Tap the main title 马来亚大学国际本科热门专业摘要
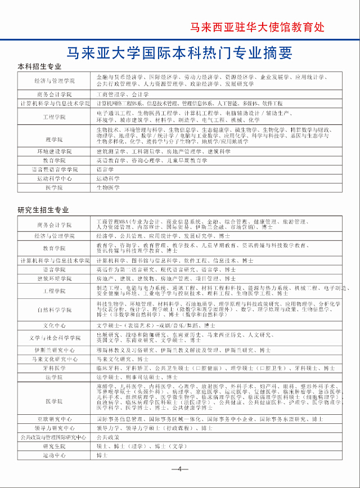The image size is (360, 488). [x=179, y=53]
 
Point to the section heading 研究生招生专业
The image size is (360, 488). [x=43, y=210]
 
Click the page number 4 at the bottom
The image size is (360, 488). [x=179, y=469]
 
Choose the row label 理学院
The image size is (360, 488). [x=55, y=138]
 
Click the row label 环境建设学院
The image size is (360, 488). [x=55, y=152]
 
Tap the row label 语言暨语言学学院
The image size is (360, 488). [x=55, y=169]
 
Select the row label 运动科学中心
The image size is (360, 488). [x=55, y=178]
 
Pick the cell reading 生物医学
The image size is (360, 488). [x=108, y=187]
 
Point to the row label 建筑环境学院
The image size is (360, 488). [x=55, y=279]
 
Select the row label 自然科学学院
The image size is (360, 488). [x=55, y=310]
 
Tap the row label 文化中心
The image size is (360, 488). [x=55, y=325]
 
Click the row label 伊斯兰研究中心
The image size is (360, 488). [x=55, y=350]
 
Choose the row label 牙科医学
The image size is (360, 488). [x=55, y=368]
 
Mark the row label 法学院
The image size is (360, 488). [x=55, y=377]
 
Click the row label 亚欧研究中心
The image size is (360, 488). [x=55, y=419]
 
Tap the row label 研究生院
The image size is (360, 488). [x=55, y=445]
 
